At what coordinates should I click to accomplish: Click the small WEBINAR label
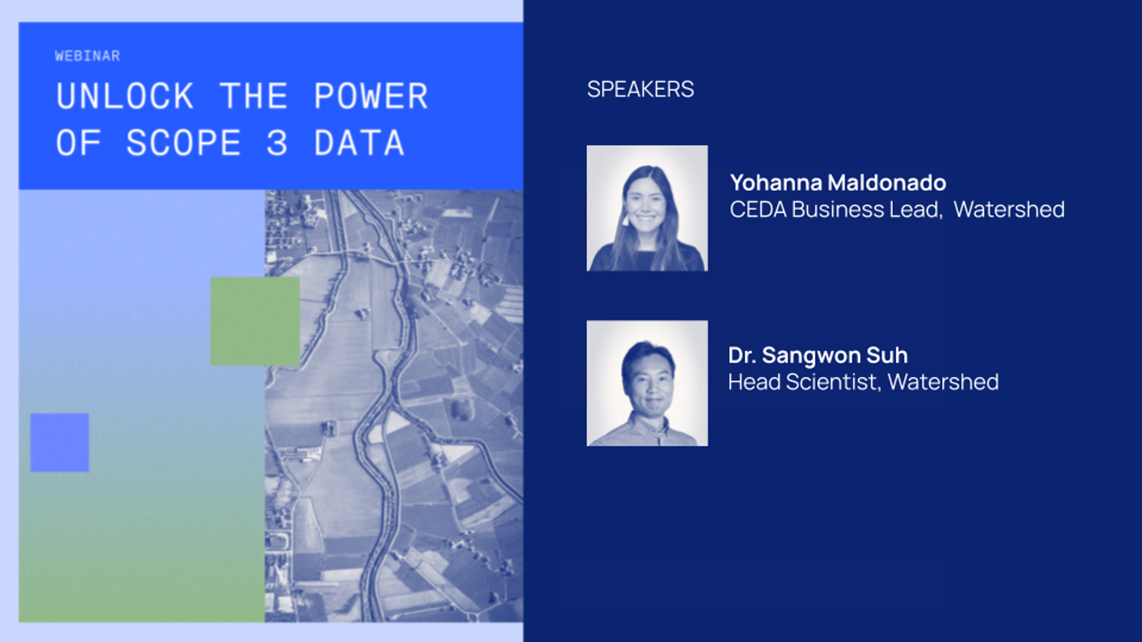[87, 56]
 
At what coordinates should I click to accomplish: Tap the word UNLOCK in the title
[125, 96]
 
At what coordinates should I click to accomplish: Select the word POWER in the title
[371, 96]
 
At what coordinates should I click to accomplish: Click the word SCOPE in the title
[183, 143]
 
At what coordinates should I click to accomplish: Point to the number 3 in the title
[277, 143]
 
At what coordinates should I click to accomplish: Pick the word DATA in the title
[359, 143]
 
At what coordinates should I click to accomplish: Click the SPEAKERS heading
[640, 89]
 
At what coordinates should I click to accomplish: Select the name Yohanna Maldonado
[837, 182]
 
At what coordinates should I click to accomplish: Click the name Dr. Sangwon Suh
[818, 355]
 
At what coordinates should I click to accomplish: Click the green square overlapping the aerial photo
[255, 321]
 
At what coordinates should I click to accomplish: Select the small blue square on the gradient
[59, 442]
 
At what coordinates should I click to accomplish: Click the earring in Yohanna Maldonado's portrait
[625, 220]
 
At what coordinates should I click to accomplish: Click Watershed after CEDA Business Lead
[1009, 209]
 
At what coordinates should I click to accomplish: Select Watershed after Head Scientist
[943, 382]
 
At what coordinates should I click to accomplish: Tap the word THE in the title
[254, 96]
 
